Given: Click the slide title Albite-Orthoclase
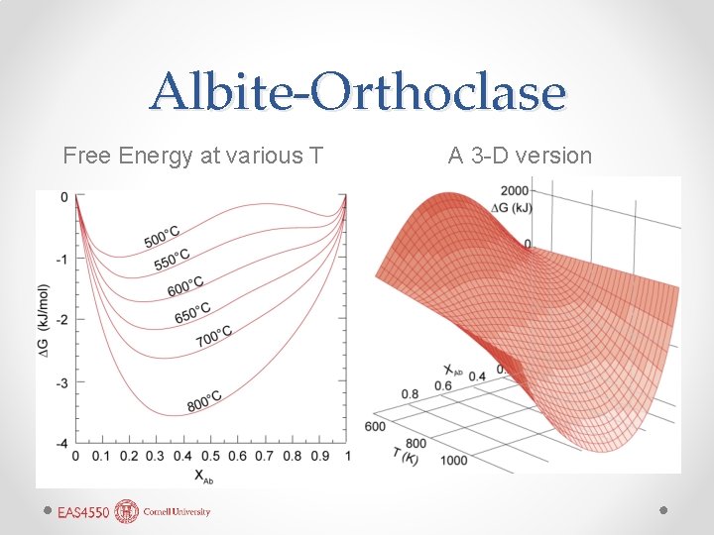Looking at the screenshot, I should (x=357, y=93).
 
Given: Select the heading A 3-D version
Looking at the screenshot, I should (x=520, y=156).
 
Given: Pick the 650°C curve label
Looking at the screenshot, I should (x=192, y=312).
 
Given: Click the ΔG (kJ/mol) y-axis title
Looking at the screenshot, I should (x=44, y=317).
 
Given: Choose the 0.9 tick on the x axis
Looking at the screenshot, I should (x=319, y=456).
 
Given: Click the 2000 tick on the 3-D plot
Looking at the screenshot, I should (x=514, y=190).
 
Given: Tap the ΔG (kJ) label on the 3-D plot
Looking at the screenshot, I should (x=511, y=205).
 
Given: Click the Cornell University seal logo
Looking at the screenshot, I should (x=127, y=511).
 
